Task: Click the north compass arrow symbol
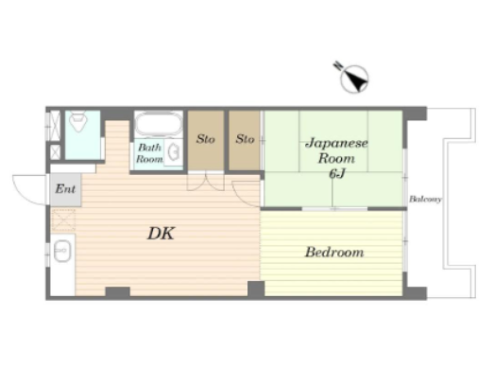click(x=354, y=79)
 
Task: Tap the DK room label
click(x=161, y=234)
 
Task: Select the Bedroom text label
click(x=334, y=253)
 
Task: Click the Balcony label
click(x=425, y=200)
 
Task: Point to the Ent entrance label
click(x=65, y=189)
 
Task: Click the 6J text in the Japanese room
click(x=337, y=173)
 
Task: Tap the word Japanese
click(x=336, y=143)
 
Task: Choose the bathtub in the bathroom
click(x=159, y=124)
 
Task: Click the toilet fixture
click(x=78, y=122)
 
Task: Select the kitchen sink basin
click(x=62, y=251)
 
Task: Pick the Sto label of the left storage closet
click(x=205, y=139)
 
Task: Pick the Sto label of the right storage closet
click(x=245, y=139)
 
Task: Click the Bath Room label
click(x=149, y=153)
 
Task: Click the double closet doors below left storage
click(x=205, y=182)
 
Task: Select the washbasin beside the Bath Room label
click(x=173, y=152)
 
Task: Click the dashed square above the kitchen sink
click(x=63, y=220)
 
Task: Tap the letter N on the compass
click(x=338, y=65)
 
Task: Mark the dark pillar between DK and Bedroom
click(x=256, y=289)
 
